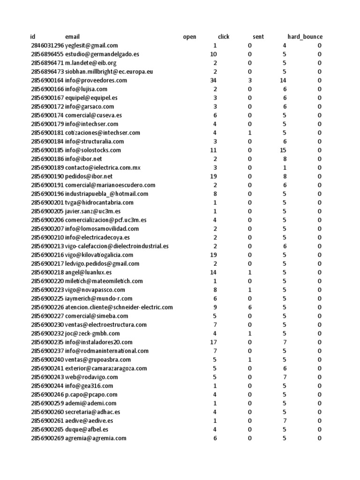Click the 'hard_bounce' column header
(305, 37)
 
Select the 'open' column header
(189, 37)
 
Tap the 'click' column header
(224, 37)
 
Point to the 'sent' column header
(258, 37)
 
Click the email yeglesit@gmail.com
(91, 45)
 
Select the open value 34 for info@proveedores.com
(213, 80)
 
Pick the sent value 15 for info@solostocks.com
(283, 150)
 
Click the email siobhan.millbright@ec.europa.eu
(109, 72)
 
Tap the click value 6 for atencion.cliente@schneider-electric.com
(249, 307)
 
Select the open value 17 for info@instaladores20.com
(213, 342)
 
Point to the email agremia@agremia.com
(96, 438)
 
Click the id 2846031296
(47, 45)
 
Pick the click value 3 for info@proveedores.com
(249, 80)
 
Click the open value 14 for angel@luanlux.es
(213, 272)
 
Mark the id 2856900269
(47, 438)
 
